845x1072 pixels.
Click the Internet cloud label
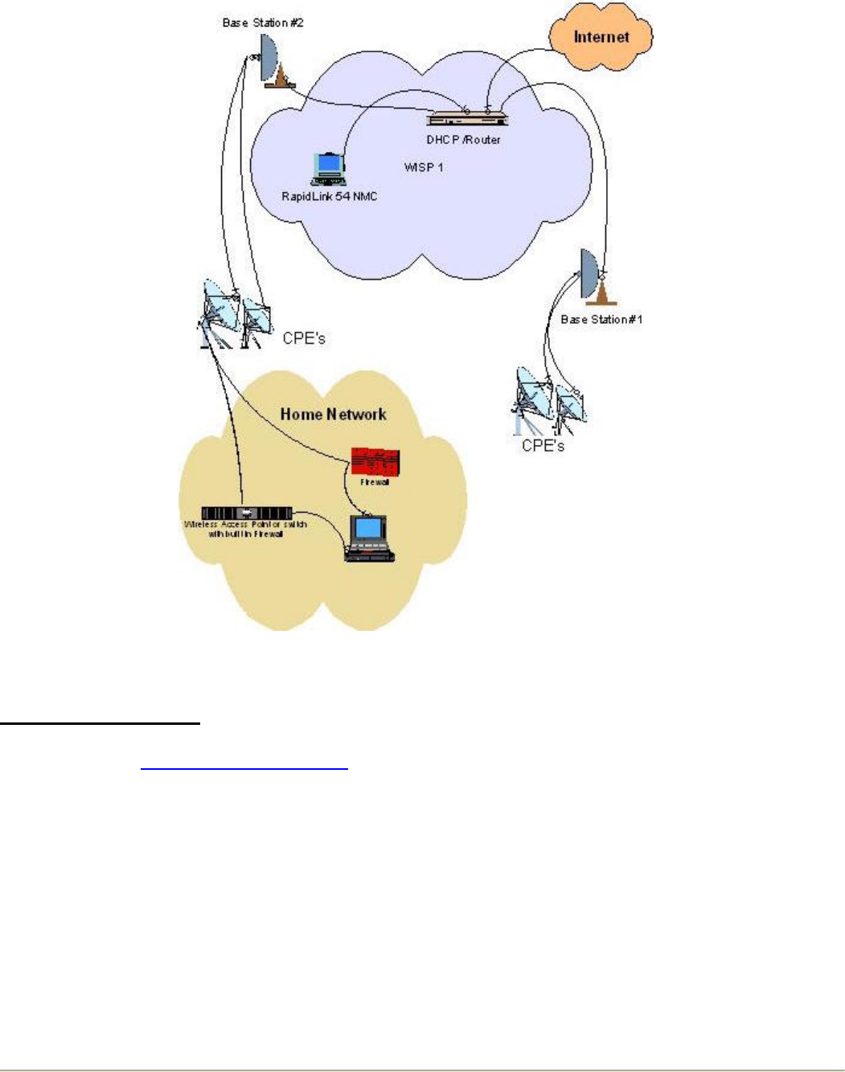[601, 37]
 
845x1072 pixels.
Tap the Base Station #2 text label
[263, 23]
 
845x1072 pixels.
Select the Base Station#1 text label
[601, 319]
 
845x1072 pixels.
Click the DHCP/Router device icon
[467, 119]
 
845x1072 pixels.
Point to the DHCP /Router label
[463, 140]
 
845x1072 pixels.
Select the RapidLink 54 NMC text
[329, 196]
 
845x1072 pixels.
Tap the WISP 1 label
[424, 167]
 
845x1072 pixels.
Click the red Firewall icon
[375, 462]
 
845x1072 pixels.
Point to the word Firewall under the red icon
[375, 482]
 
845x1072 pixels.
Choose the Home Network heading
[333, 415]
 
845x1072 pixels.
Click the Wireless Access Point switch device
[247, 513]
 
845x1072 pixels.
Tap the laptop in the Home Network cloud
[370, 538]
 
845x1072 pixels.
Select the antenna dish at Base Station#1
[589, 272]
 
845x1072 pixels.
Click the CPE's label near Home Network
[304, 338]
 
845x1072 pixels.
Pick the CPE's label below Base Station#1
[543, 445]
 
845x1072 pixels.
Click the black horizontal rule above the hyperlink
[100, 724]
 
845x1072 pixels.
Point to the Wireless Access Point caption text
[246, 529]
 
